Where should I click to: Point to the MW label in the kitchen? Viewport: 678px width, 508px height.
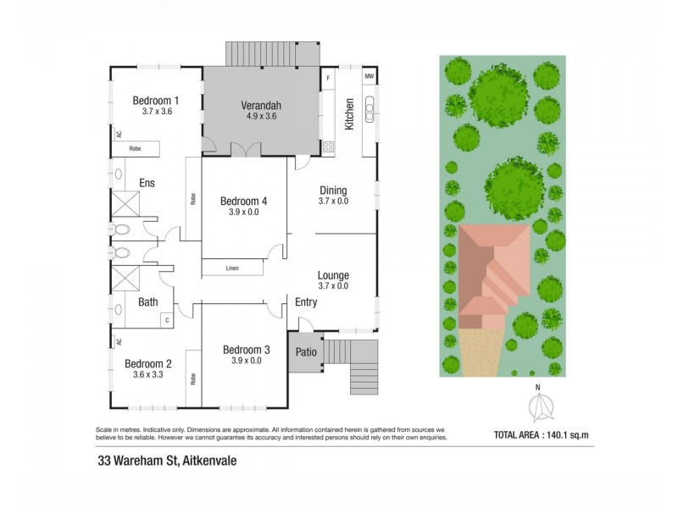[370, 77]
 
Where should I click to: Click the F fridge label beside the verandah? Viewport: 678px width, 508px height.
[328, 79]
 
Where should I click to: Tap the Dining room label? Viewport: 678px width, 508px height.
[333, 190]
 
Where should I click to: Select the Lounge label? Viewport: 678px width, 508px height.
[333, 275]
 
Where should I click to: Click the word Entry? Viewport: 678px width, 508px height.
[306, 301]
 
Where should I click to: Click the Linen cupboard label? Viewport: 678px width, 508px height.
[231, 268]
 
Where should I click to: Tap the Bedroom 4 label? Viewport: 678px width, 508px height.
[243, 202]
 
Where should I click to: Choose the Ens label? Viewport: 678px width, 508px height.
[146, 183]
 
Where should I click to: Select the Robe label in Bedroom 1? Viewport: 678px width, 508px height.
[135, 148]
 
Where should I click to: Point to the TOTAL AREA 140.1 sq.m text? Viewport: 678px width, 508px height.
[540, 436]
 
